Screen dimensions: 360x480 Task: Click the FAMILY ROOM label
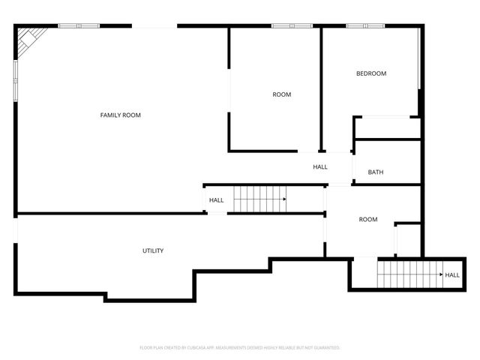121,115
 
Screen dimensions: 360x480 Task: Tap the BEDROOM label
371,73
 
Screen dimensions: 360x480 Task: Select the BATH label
376,172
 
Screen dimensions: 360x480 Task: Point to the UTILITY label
153,250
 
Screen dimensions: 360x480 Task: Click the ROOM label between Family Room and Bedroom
281,94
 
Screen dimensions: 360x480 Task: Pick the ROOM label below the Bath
367,220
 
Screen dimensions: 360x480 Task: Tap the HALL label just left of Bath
320,166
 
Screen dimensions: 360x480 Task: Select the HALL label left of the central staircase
216,200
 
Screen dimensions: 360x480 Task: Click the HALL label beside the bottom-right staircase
452,275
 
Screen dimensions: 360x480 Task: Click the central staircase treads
256,199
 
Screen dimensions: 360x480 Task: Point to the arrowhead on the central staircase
284,199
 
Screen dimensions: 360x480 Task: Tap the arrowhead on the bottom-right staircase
439,275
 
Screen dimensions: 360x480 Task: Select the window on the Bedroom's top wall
365,26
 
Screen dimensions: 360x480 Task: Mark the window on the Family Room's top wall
79,26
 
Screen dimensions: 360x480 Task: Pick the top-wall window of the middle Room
292,26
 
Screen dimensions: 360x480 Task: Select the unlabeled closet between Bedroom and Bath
386,128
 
